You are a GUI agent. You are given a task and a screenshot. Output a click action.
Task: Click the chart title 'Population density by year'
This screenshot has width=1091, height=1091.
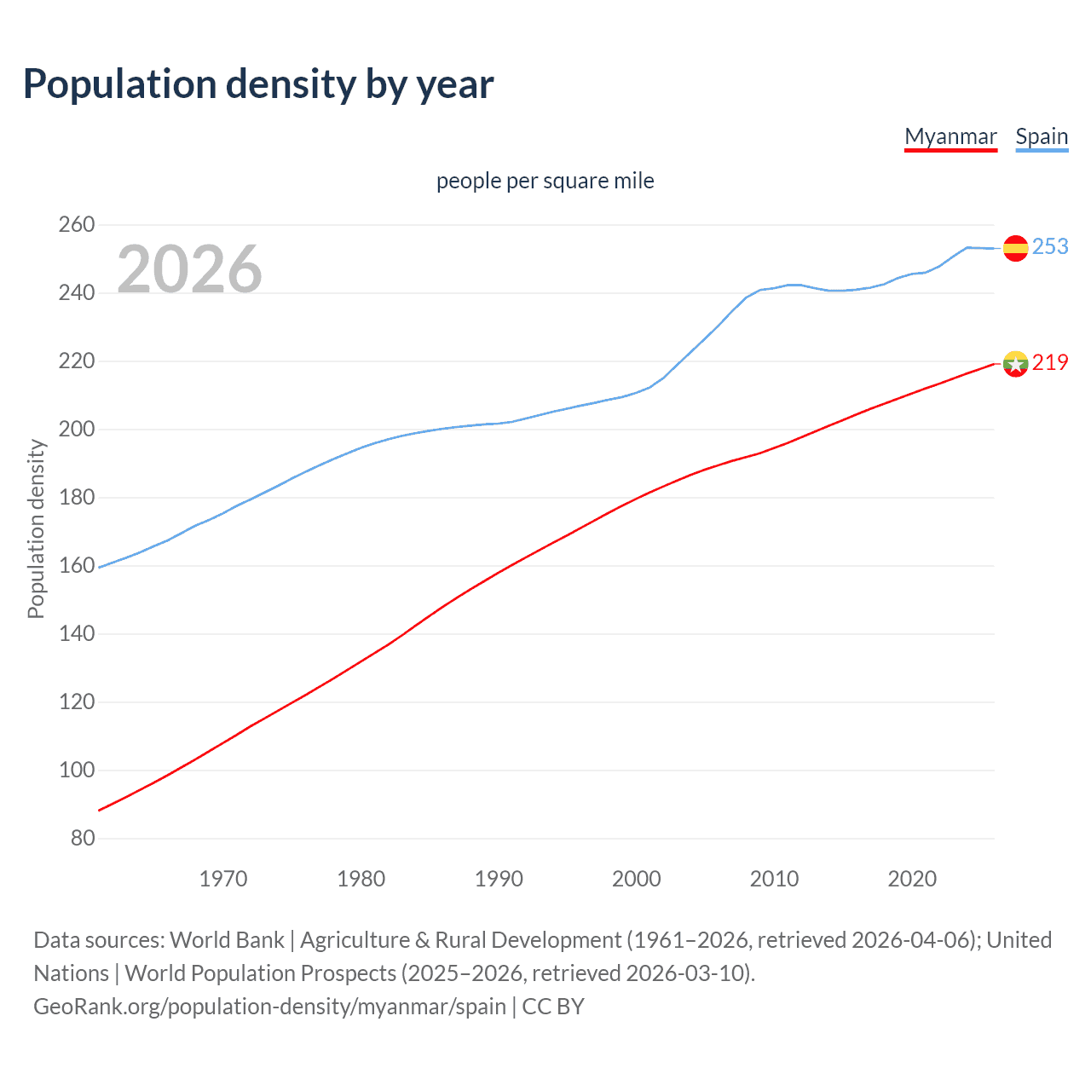[258, 84]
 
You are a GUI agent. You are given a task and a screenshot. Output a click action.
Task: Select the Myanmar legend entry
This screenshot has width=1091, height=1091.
[950, 136]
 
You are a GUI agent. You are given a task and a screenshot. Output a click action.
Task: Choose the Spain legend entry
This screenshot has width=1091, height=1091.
[1042, 136]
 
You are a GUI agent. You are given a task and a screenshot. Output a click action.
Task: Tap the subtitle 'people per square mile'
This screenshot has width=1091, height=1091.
[545, 181]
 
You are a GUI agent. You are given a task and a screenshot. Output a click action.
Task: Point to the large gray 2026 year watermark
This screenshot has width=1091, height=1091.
[189, 269]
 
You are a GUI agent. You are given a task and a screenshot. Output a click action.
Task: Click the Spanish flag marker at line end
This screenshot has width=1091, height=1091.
[1015, 248]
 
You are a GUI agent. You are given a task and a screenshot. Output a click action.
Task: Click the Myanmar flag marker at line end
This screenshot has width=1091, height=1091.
[1015, 364]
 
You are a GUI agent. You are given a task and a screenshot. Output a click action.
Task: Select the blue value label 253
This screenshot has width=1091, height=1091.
[1050, 246]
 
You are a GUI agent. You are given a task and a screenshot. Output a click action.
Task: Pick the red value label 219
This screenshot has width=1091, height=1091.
[1050, 362]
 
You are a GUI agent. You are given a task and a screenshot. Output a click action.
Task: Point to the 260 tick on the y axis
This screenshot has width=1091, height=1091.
[77, 225]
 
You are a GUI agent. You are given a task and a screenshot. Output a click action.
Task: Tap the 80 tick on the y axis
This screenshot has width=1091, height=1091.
[83, 838]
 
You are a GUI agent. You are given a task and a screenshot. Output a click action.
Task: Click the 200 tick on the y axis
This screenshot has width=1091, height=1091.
[77, 430]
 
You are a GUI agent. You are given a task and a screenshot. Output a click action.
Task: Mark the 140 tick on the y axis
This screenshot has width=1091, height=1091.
[77, 634]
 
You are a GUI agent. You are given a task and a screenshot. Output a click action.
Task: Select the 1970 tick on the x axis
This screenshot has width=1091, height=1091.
[223, 879]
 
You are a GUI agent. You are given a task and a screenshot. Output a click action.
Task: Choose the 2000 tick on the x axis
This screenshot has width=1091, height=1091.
[637, 879]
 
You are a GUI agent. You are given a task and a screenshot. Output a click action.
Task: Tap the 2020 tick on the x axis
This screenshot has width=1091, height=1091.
[912, 879]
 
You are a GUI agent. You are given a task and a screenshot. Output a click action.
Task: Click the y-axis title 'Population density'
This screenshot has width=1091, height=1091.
[36, 528]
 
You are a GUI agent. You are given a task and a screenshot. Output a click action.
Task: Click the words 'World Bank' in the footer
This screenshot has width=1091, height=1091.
[227, 940]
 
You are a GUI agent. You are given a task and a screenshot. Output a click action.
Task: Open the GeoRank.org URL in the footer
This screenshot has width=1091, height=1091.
[269, 1007]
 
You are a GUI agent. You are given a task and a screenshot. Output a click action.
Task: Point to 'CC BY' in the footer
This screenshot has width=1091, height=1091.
[553, 1007]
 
